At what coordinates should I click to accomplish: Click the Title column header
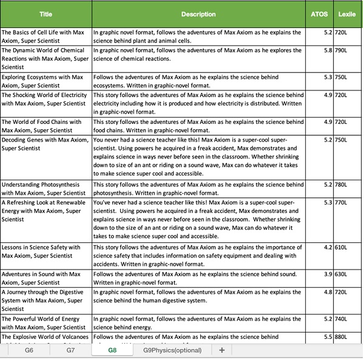[x=45, y=13]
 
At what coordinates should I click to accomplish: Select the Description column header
[x=198, y=13]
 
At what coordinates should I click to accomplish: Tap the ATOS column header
[x=319, y=13]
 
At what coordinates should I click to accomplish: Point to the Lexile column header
[x=347, y=13]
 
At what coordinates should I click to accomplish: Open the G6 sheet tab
[x=29, y=350]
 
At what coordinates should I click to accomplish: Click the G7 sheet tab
[x=70, y=350]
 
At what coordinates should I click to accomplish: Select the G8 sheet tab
[x=112, y=350]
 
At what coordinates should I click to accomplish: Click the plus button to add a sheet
[x=222, y=350]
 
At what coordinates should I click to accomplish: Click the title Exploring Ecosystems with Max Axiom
[x=42, y=81]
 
